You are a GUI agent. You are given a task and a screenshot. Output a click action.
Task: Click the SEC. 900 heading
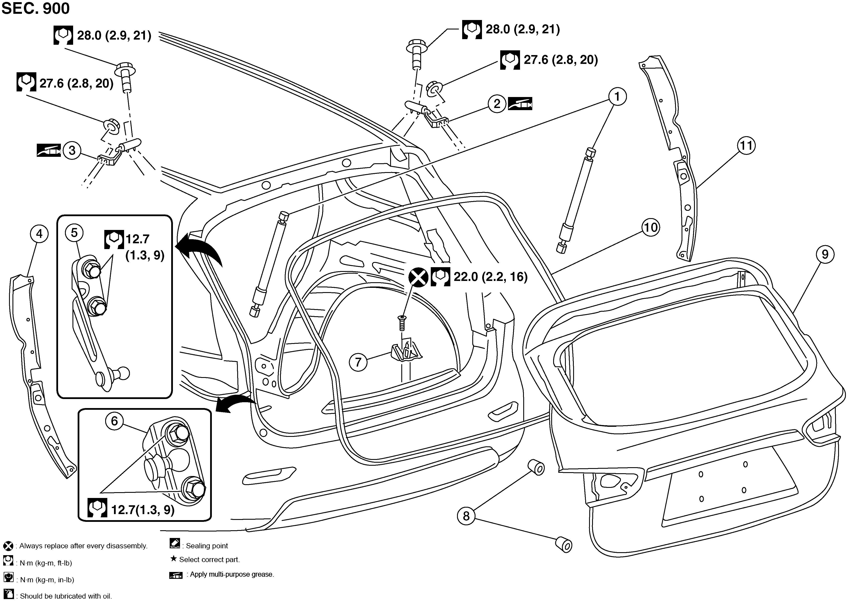tap(36, 8)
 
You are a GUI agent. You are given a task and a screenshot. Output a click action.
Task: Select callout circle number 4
tap(39, 234)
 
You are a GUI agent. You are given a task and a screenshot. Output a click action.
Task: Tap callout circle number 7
tap(358, 362)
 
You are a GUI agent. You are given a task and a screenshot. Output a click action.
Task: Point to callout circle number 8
tap(466, 516)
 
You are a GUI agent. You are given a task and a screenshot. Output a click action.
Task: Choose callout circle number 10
tap(651, 227)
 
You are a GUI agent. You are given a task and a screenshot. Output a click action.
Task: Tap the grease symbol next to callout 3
tap(48, 150)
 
